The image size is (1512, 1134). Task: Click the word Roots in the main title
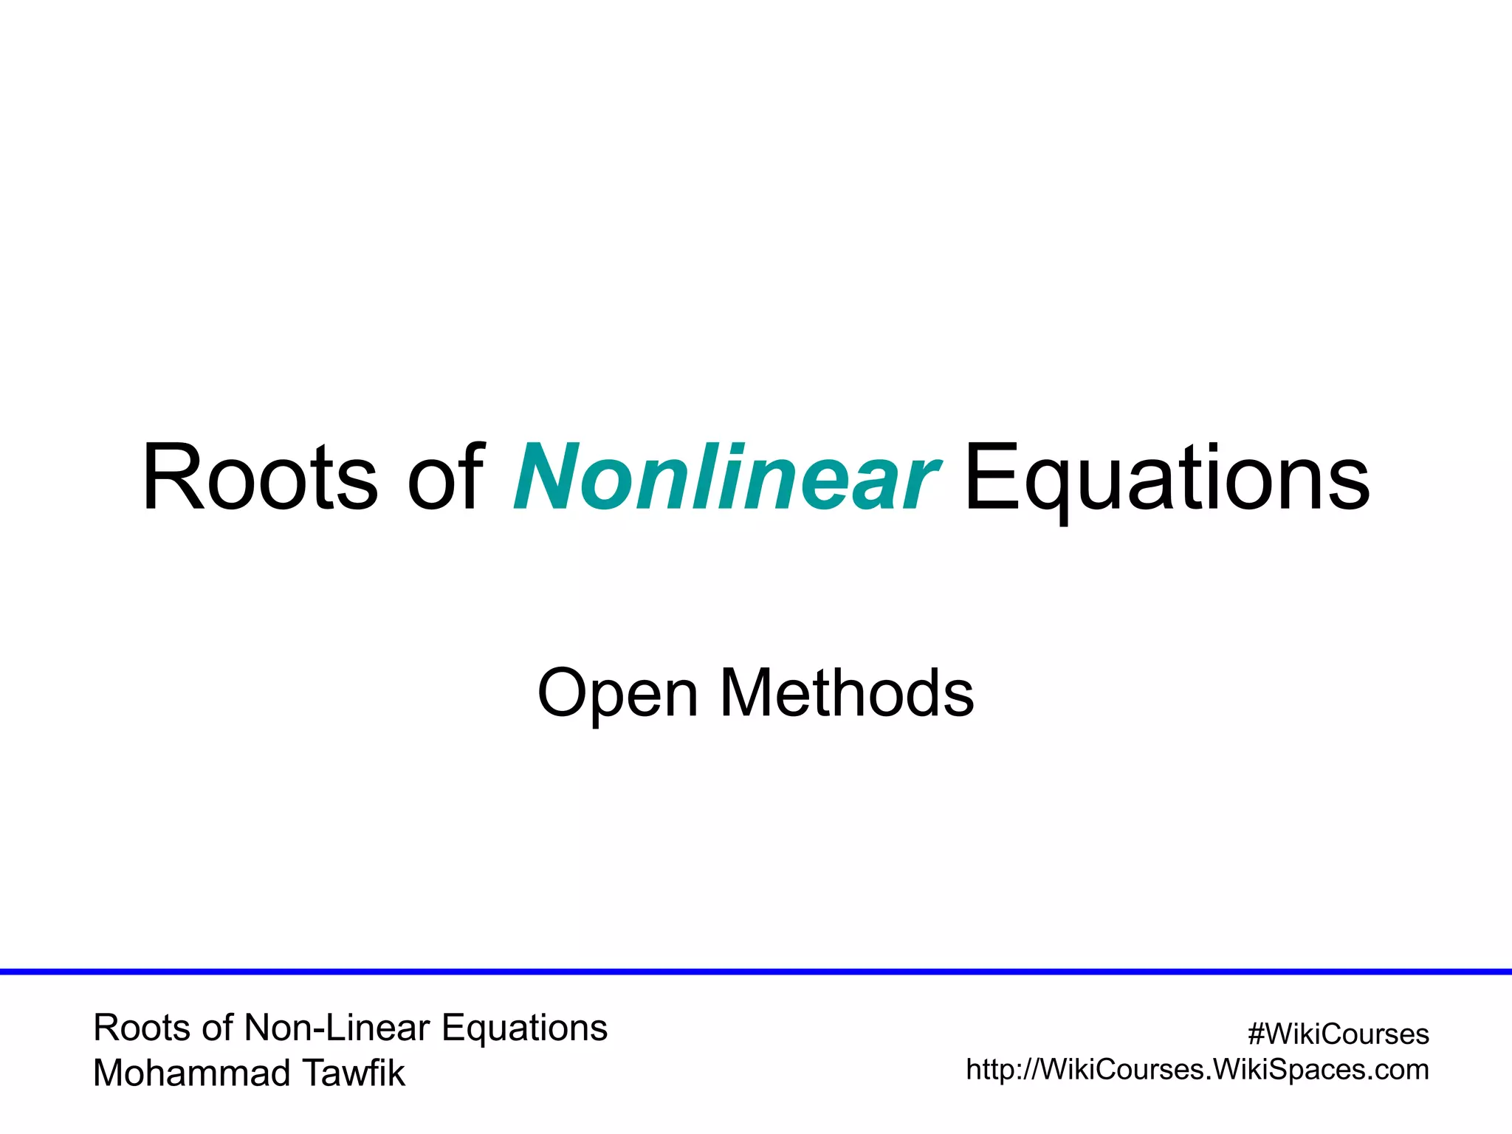[260, 477]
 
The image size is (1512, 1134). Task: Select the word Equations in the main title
[1166, 477]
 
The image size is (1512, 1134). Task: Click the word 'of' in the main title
[446, 477]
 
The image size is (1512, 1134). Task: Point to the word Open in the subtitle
[618, 694]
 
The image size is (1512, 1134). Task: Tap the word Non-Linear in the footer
[337, 1028]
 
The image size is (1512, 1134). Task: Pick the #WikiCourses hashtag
[1338, 1034]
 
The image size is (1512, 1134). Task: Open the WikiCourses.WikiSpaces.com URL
[1197, 1070]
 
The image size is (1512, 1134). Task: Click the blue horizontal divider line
[756, 972]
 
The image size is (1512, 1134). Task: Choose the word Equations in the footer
[524, 1028]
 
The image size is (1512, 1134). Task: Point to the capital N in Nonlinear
[546, 477]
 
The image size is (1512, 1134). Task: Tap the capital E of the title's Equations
[989, 477]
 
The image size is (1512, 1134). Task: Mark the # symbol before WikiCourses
[1256, 1034]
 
